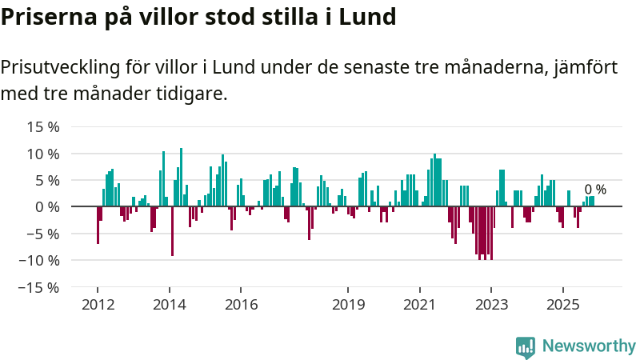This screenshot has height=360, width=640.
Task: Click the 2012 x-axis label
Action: pyautogui.click(x=98, y=305)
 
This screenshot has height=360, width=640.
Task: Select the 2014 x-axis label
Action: pyautogui.click(x=170, y=305)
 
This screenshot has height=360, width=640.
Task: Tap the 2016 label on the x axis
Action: pyautogui.click(x=241, y=305)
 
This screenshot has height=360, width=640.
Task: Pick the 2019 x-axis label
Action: pyautogui.click(x=348, y=305)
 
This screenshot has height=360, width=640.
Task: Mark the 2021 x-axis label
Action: pyautogui.click(x=419, y=305)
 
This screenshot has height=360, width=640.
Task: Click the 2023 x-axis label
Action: pyautogui.click(x=491, y=305)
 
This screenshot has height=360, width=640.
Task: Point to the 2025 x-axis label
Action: pyautogui.click(x=562, y=305)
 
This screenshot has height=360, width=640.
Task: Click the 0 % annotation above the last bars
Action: pyautogui.click(x=595, y=190)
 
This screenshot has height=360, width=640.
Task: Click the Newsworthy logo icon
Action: pyautogui.click(x=526, y=346)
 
